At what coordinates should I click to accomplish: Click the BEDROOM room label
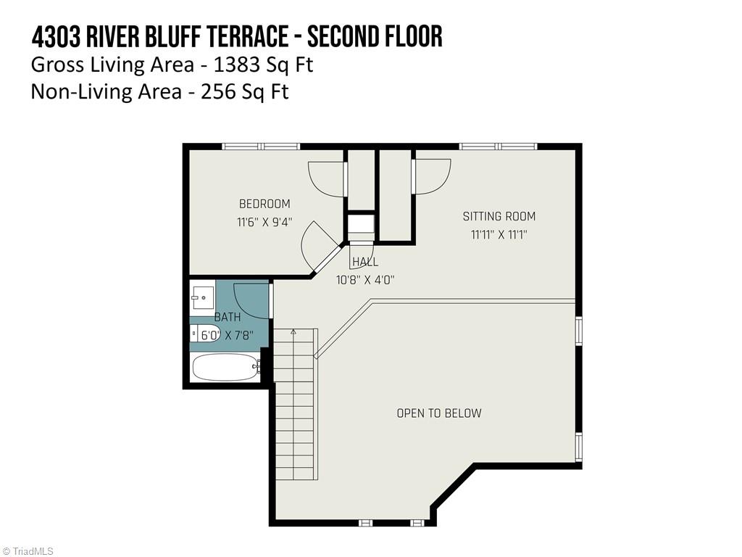(x=264, y=204)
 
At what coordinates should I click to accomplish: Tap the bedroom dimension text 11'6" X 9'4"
(x=264, y=223)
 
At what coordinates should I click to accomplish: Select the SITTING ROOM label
(x=499, y=216)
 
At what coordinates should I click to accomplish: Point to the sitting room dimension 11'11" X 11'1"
(x=499, y=234)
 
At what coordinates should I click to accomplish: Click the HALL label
(x=365, y=262)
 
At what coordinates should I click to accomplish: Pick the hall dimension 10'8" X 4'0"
(x=365, y=279)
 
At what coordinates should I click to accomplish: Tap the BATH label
(x=227, y=318)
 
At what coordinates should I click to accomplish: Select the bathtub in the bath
(x=225, y=367)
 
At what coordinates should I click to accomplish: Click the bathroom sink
(x=202, y=297)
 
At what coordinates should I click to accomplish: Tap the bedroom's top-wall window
(x=261, y=147)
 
